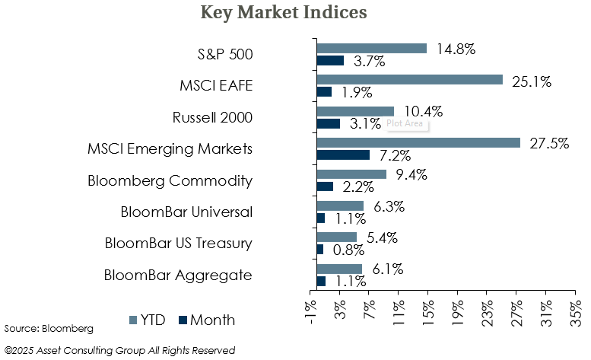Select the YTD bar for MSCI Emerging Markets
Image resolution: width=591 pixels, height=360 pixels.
pos(418,142)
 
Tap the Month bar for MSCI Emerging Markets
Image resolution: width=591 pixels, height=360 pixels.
pos(343,155)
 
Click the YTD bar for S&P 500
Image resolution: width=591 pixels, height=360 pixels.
pos(371,48)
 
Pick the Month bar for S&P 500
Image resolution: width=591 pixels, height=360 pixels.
pos(330,60)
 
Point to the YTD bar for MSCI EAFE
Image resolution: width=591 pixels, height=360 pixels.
pos(409,79)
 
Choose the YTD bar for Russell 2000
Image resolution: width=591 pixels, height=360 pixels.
pos(355,111)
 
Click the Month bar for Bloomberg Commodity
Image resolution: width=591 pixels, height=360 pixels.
pos(325,186)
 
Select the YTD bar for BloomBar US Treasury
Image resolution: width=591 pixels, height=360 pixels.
pos(336,237)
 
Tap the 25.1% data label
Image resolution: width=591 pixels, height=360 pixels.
pos(532,81)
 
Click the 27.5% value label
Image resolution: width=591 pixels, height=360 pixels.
pos(549,143)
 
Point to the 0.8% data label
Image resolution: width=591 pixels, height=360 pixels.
pos(348,250)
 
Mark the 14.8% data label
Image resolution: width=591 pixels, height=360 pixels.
pos(456,49)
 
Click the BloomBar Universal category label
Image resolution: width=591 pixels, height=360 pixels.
pos(186,212)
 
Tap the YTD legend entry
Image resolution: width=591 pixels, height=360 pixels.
pos(151,320)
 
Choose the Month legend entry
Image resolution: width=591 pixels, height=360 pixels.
pos(206,320)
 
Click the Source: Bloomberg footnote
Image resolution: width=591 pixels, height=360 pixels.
pos(49,328)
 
